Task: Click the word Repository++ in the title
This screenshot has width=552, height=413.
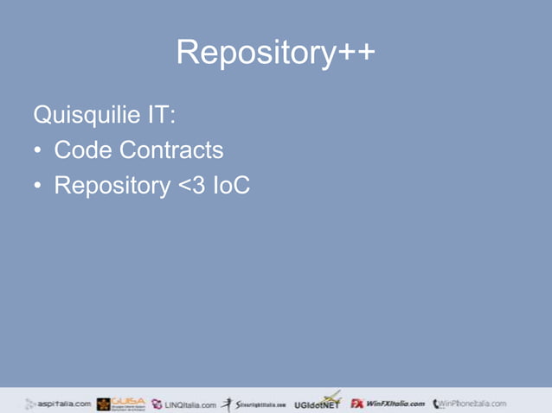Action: pos(275,54)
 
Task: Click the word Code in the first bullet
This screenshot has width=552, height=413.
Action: pos(83,150)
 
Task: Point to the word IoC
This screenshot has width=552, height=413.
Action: pos(231,185)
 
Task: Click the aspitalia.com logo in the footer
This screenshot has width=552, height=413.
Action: pos(58,403)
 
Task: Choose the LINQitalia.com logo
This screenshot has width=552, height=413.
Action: pos(183,403)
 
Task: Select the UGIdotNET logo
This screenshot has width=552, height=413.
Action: pos(317,403)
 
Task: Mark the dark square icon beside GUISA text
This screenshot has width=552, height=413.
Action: pos(103,404)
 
